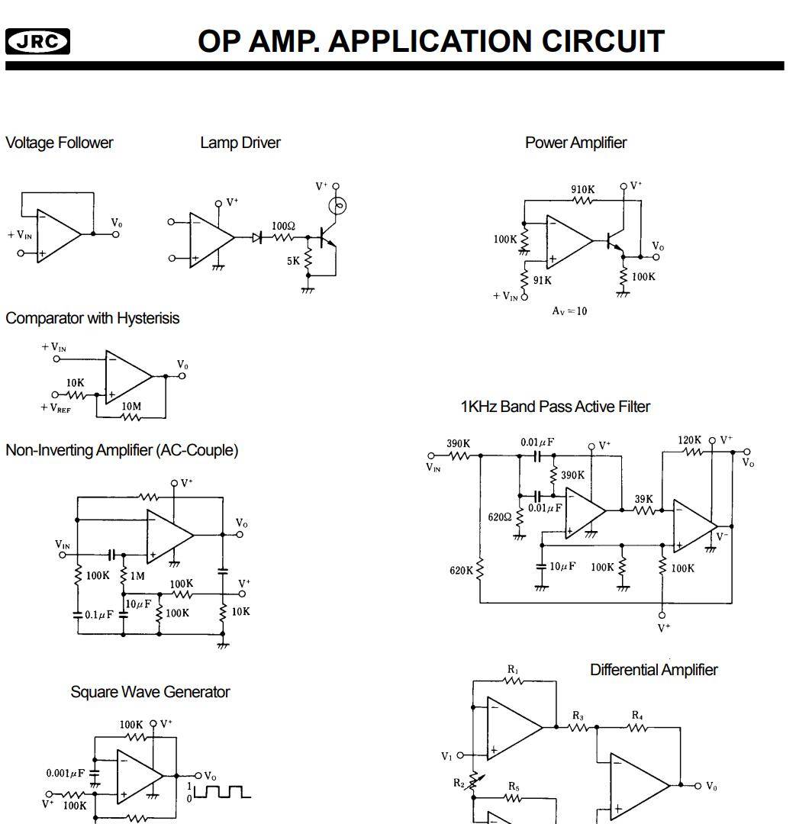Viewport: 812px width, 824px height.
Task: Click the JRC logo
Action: (x=37, y=41)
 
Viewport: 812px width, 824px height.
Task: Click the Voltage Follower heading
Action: (x=59, y=143)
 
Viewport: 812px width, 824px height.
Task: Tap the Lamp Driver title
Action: (x=240, y=143)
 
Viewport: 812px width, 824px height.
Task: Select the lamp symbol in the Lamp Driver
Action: (x=337, y=205)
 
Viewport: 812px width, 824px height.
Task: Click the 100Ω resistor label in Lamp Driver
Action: (x=284, y=226)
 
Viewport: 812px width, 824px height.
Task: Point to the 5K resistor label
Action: (x=294, y=261)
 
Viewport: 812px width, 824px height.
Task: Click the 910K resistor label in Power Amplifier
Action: (x=583, y=189)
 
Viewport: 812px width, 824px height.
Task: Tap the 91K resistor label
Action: (x=543, y=280)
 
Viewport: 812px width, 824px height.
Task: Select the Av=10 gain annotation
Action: (x=569, y=311)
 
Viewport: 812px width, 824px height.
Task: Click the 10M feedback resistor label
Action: (x=131, y=407)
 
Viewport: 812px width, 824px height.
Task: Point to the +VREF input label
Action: (x=54, y=407)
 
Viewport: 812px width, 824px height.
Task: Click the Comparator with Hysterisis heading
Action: (x=92, y=318)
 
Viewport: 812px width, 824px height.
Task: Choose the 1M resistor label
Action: (x=137, y=576)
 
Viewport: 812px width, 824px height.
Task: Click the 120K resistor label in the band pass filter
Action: (x=690, y=440)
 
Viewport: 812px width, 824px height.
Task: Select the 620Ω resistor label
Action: (x=500, y=517)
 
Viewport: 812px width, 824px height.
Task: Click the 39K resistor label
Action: (x=644, y=499)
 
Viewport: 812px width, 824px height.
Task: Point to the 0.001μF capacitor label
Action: (x=66, y=773)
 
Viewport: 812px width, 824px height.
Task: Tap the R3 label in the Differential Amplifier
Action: (x=578, y=716)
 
